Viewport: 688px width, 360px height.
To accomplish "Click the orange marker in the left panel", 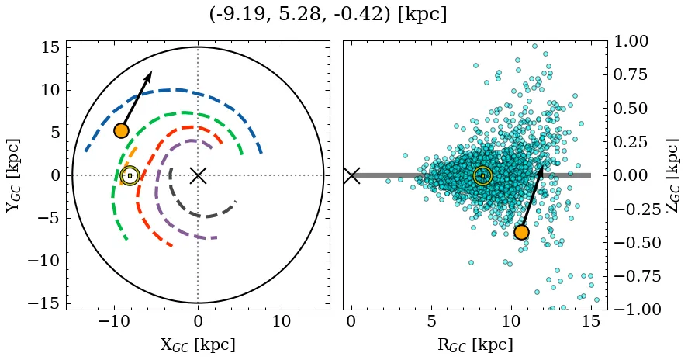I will point(121,130).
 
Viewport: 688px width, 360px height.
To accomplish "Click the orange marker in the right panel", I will point(521,232).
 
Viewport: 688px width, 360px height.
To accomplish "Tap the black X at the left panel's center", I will point(198,175).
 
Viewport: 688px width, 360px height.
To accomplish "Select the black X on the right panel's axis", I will point(351,175).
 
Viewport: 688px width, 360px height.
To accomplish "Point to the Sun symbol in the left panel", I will point(130,176).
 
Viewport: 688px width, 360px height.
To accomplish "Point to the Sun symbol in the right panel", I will point(482,176).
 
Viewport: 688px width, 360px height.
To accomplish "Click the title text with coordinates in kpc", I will point(328,14).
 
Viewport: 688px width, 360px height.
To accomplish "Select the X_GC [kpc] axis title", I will point(198,344).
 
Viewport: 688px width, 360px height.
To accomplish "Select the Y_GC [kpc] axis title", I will point(13,175).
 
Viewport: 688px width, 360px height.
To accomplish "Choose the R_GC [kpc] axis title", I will point(475,344).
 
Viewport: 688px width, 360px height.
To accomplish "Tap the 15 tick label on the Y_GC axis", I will point(50,47).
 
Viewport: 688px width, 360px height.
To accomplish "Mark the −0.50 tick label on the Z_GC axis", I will point(631,243).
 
